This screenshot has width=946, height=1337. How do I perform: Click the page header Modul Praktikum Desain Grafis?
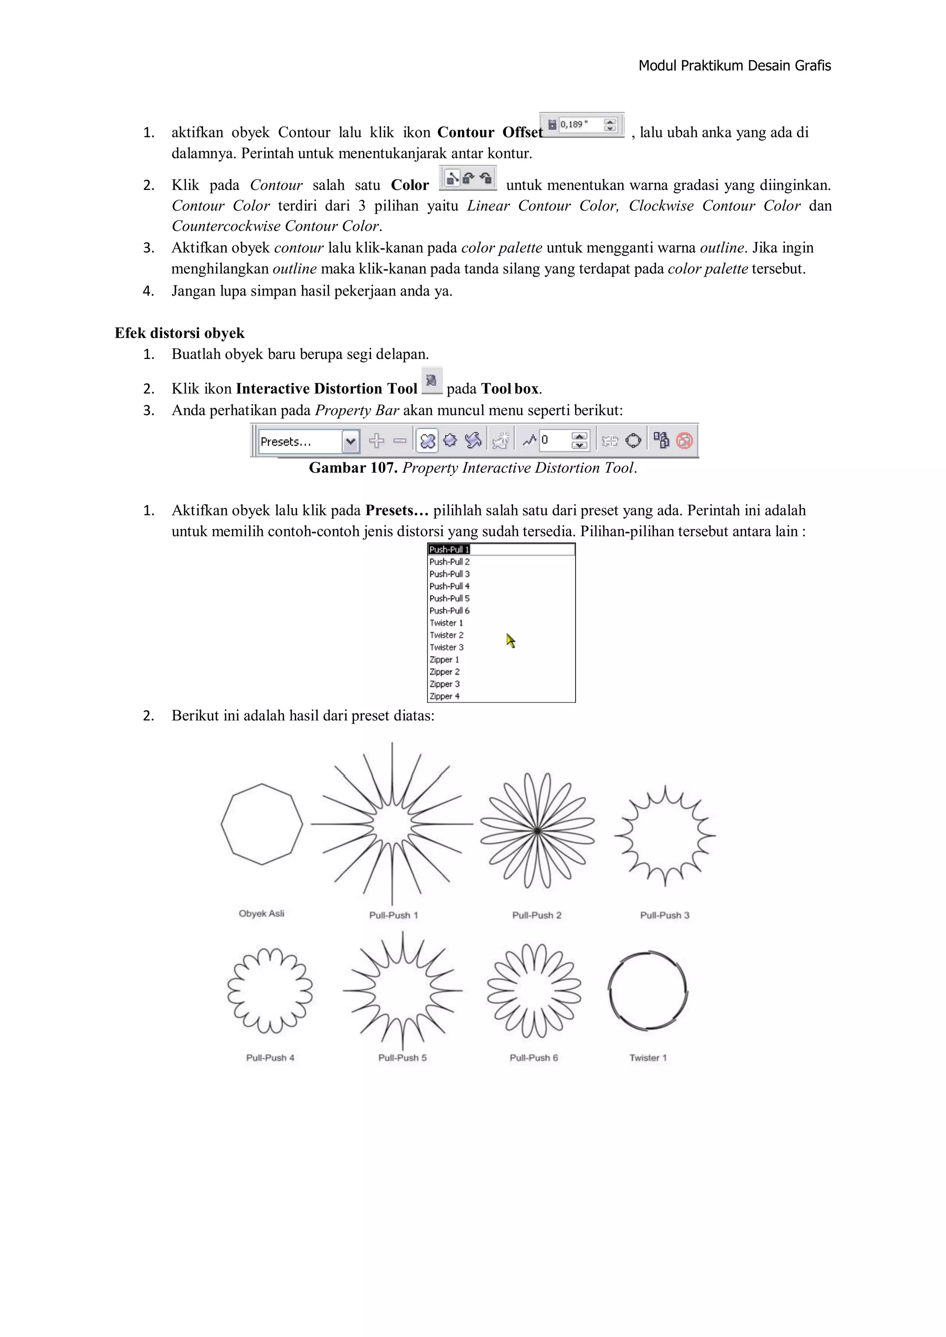point(734,66)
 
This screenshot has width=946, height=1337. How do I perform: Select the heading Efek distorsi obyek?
point(179,333)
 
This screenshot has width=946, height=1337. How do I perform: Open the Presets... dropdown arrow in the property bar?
point(350,442)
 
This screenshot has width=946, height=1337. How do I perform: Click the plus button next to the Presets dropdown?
point(376,441)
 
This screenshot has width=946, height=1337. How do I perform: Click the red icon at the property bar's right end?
point(685,441)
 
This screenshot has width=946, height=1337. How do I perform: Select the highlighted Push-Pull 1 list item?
point(449,550)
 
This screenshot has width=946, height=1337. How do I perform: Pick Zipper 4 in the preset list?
point(444,696)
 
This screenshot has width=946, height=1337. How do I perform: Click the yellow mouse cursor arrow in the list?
point(510,641)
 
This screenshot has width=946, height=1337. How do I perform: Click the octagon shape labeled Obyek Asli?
point(262,824)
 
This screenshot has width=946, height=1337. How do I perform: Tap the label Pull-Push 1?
point(393,915)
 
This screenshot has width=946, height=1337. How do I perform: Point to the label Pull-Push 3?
point(665,915)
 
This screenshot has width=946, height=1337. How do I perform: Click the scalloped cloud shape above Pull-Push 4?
point(270,991)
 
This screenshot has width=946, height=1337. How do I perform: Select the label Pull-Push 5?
point(402,1058)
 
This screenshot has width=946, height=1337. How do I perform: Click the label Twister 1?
point(648,1058)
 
